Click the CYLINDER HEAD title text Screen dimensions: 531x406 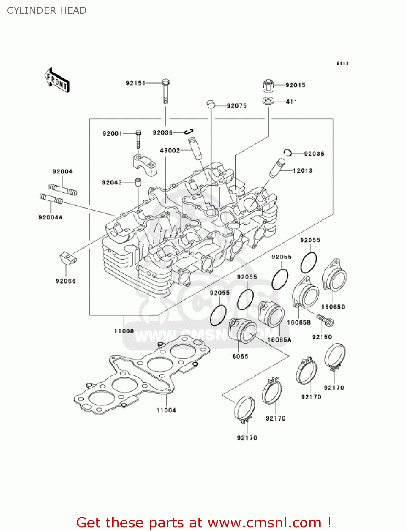pos(47,11)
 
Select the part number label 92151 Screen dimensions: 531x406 pos(136,83)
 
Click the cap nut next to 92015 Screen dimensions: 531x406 pos(268,85)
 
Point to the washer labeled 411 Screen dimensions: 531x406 pos(268,101)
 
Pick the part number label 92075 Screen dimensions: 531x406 pos(236,106)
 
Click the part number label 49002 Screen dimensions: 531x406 pos(170,150)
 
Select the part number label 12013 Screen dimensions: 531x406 pos(303,171)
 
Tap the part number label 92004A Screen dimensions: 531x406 pos(50,217)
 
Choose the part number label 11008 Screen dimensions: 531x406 pos(124,331)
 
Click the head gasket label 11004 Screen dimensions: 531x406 pos(166,410)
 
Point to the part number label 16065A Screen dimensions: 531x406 pos(279,340)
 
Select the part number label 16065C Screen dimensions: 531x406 pos(333,307)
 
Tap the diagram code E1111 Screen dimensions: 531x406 pos(343,63)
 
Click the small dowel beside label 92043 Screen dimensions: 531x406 pos(137,183)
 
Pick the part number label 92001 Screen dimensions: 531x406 pos(112,133)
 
